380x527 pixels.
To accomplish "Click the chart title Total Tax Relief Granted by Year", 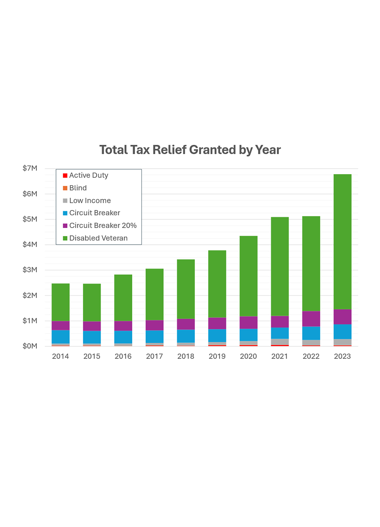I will click(x=190, y=150).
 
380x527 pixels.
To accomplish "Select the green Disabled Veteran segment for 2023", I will click(x=342, y=241).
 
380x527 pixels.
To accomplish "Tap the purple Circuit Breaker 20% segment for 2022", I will click(x=311, y=319).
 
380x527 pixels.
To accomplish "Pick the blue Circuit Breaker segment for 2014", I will click(x=60, y=337).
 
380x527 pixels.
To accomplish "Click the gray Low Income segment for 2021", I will click(x=280, y=342).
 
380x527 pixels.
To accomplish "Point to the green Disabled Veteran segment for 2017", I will click(x=154, y=294).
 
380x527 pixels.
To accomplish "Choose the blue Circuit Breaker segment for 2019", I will click(x=217, y=335).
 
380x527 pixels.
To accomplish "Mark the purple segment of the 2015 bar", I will click(x=92, y=326).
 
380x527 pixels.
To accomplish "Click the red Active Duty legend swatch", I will click(x=65, y=175).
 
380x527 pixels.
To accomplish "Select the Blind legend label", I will click(x=78, y=188).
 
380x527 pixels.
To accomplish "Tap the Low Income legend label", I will click(x=90, y=201).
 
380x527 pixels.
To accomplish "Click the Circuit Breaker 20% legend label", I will click(x=103, y=226).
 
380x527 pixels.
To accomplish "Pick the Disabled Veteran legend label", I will click(x=98, y=238).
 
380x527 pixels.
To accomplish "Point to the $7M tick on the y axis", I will click(x=30, y=168).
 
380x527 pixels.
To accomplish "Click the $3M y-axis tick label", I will click(x=30, y=270).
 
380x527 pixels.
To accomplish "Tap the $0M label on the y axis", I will click(x=30, y=346).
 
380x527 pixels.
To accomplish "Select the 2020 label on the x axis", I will click(x=248, y=356).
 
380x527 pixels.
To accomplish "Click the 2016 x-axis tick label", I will click(x=123, y=356).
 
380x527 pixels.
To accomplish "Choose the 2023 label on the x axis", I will click(x=342, y=356).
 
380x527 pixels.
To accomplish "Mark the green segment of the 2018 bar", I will click(x=186, y=289).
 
